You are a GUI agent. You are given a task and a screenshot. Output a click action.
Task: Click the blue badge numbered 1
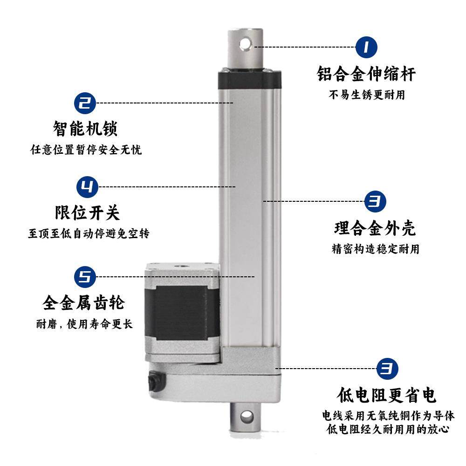[x=366, y=47]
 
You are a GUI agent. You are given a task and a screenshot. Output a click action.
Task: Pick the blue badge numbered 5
[x=85, y=277]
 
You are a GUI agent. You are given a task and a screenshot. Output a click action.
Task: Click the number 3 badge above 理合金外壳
[x=375, y=201]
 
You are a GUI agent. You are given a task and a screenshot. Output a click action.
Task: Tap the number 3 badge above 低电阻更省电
[x=387, y=369]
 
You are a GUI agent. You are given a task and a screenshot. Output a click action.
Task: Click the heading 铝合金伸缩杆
[x=366, y=74]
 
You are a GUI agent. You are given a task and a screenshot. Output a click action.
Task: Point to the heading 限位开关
[x=88, y=212]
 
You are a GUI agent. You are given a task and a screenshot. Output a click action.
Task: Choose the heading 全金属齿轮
[x=84, y=303]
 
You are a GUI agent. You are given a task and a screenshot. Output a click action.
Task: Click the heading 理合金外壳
[x=375, y=228]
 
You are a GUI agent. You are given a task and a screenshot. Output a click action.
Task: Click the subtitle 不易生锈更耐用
[x=367, y=95]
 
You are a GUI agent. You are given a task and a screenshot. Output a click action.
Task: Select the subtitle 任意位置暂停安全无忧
[x=86, y=150]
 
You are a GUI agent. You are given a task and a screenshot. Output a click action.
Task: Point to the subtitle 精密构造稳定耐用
[x=375, y=249]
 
